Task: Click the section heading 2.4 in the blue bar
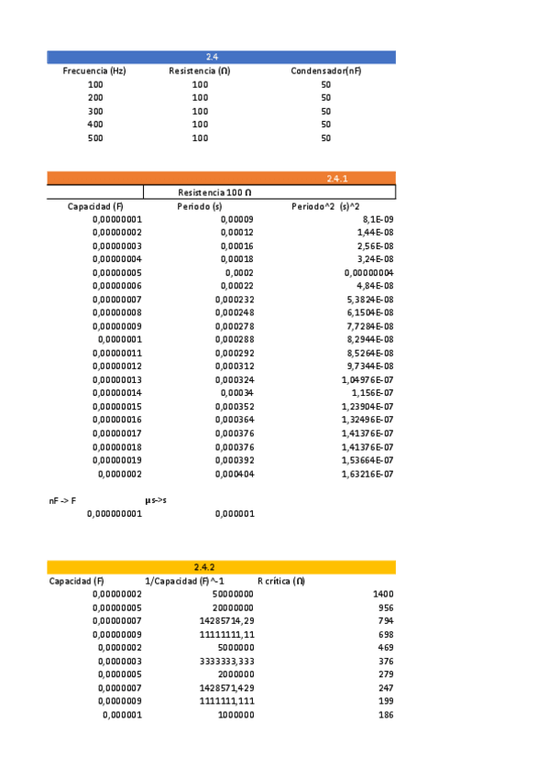212,58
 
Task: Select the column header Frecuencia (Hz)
94,71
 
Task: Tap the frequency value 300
95,112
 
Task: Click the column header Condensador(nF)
325,71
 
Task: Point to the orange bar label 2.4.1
337,179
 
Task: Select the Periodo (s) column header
200,207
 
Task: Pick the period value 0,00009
237,220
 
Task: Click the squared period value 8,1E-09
378,220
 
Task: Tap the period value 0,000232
235,300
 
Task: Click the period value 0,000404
235,474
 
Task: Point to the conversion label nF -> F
62,501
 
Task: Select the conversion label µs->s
156,501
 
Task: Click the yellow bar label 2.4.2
204,567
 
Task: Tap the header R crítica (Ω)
280,581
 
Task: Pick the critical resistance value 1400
383,595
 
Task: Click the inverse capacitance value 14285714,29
226,621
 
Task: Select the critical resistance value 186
386,715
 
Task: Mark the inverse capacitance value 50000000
232,595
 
